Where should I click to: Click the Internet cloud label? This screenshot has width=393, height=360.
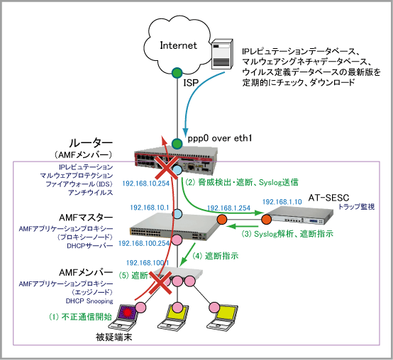[179, 45]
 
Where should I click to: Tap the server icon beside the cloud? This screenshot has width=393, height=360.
[222, 54]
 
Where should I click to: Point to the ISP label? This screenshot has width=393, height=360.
[191, 83]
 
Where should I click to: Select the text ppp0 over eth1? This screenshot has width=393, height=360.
[220, 138]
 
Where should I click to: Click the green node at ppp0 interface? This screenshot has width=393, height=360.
[177, 143]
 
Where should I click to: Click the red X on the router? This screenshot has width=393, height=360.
[166, 169]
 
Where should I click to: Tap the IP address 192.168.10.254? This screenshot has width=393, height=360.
[146, 184]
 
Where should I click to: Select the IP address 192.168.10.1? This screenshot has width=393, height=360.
[150, 208]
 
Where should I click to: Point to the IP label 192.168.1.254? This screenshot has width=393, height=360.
[229, 208]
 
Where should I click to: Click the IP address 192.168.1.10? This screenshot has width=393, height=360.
[282, 202]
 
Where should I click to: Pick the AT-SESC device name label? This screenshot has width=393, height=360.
[328, 198]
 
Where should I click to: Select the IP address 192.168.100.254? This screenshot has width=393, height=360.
[144, 243]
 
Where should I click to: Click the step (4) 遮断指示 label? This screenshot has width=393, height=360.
[215, 256]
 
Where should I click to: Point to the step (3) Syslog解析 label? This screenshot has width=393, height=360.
[287, 234]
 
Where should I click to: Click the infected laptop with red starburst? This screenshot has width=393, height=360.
[125, 318]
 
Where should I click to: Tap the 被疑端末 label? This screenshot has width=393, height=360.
[114, 337]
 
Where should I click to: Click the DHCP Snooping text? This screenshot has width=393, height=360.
[89, 301]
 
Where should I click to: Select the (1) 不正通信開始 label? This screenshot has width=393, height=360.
[80, 317]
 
